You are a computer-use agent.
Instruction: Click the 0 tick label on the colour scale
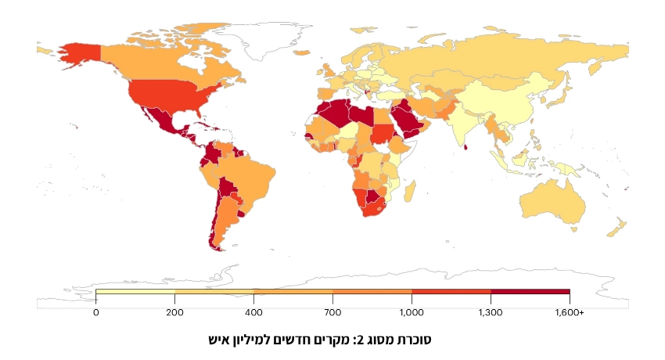pos(95,312)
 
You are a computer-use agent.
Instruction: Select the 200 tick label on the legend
pos(174,312)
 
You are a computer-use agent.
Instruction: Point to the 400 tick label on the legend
pos(253,312)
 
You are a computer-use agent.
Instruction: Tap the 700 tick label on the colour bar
pos(332,312)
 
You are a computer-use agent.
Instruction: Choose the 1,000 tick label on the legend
pos(412,312)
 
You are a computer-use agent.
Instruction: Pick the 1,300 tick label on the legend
pos(491,312)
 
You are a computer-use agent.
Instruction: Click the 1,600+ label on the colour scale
pos(570,312)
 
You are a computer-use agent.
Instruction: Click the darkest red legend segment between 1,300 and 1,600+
pos(530,292)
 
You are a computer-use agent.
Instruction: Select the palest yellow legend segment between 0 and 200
pos(135,292)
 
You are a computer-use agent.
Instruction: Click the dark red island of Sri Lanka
pos(467,146)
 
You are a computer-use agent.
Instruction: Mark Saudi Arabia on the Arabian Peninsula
pos(407,119)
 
